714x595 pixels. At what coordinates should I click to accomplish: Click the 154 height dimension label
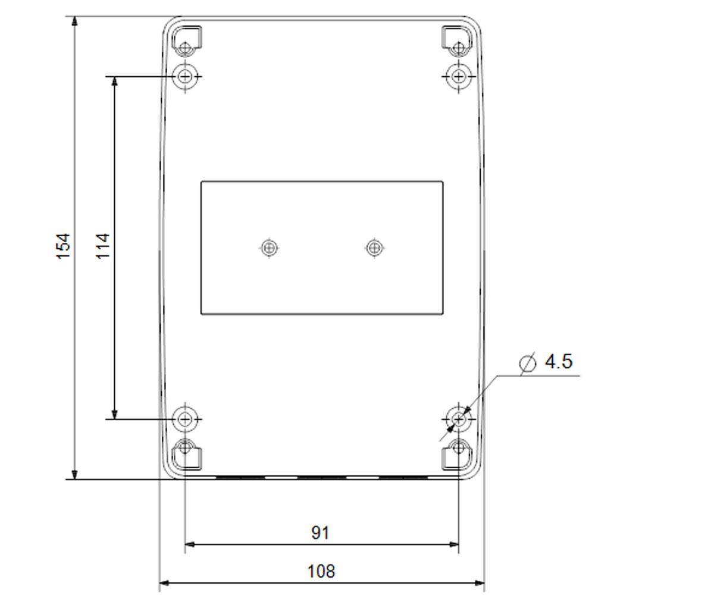64,246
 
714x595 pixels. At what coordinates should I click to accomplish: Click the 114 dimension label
102,246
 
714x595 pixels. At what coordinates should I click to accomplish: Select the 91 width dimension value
321,533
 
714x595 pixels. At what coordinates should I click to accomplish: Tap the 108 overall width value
321,571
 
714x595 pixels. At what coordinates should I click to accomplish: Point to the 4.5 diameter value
559,361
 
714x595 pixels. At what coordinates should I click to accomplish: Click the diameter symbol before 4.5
528,363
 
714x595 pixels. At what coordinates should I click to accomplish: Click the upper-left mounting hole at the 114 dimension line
185,76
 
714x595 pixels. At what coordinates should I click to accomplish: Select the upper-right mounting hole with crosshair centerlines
459,76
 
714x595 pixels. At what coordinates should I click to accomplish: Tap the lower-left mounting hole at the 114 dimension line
185,419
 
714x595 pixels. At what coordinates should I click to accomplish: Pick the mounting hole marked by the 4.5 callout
459,419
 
